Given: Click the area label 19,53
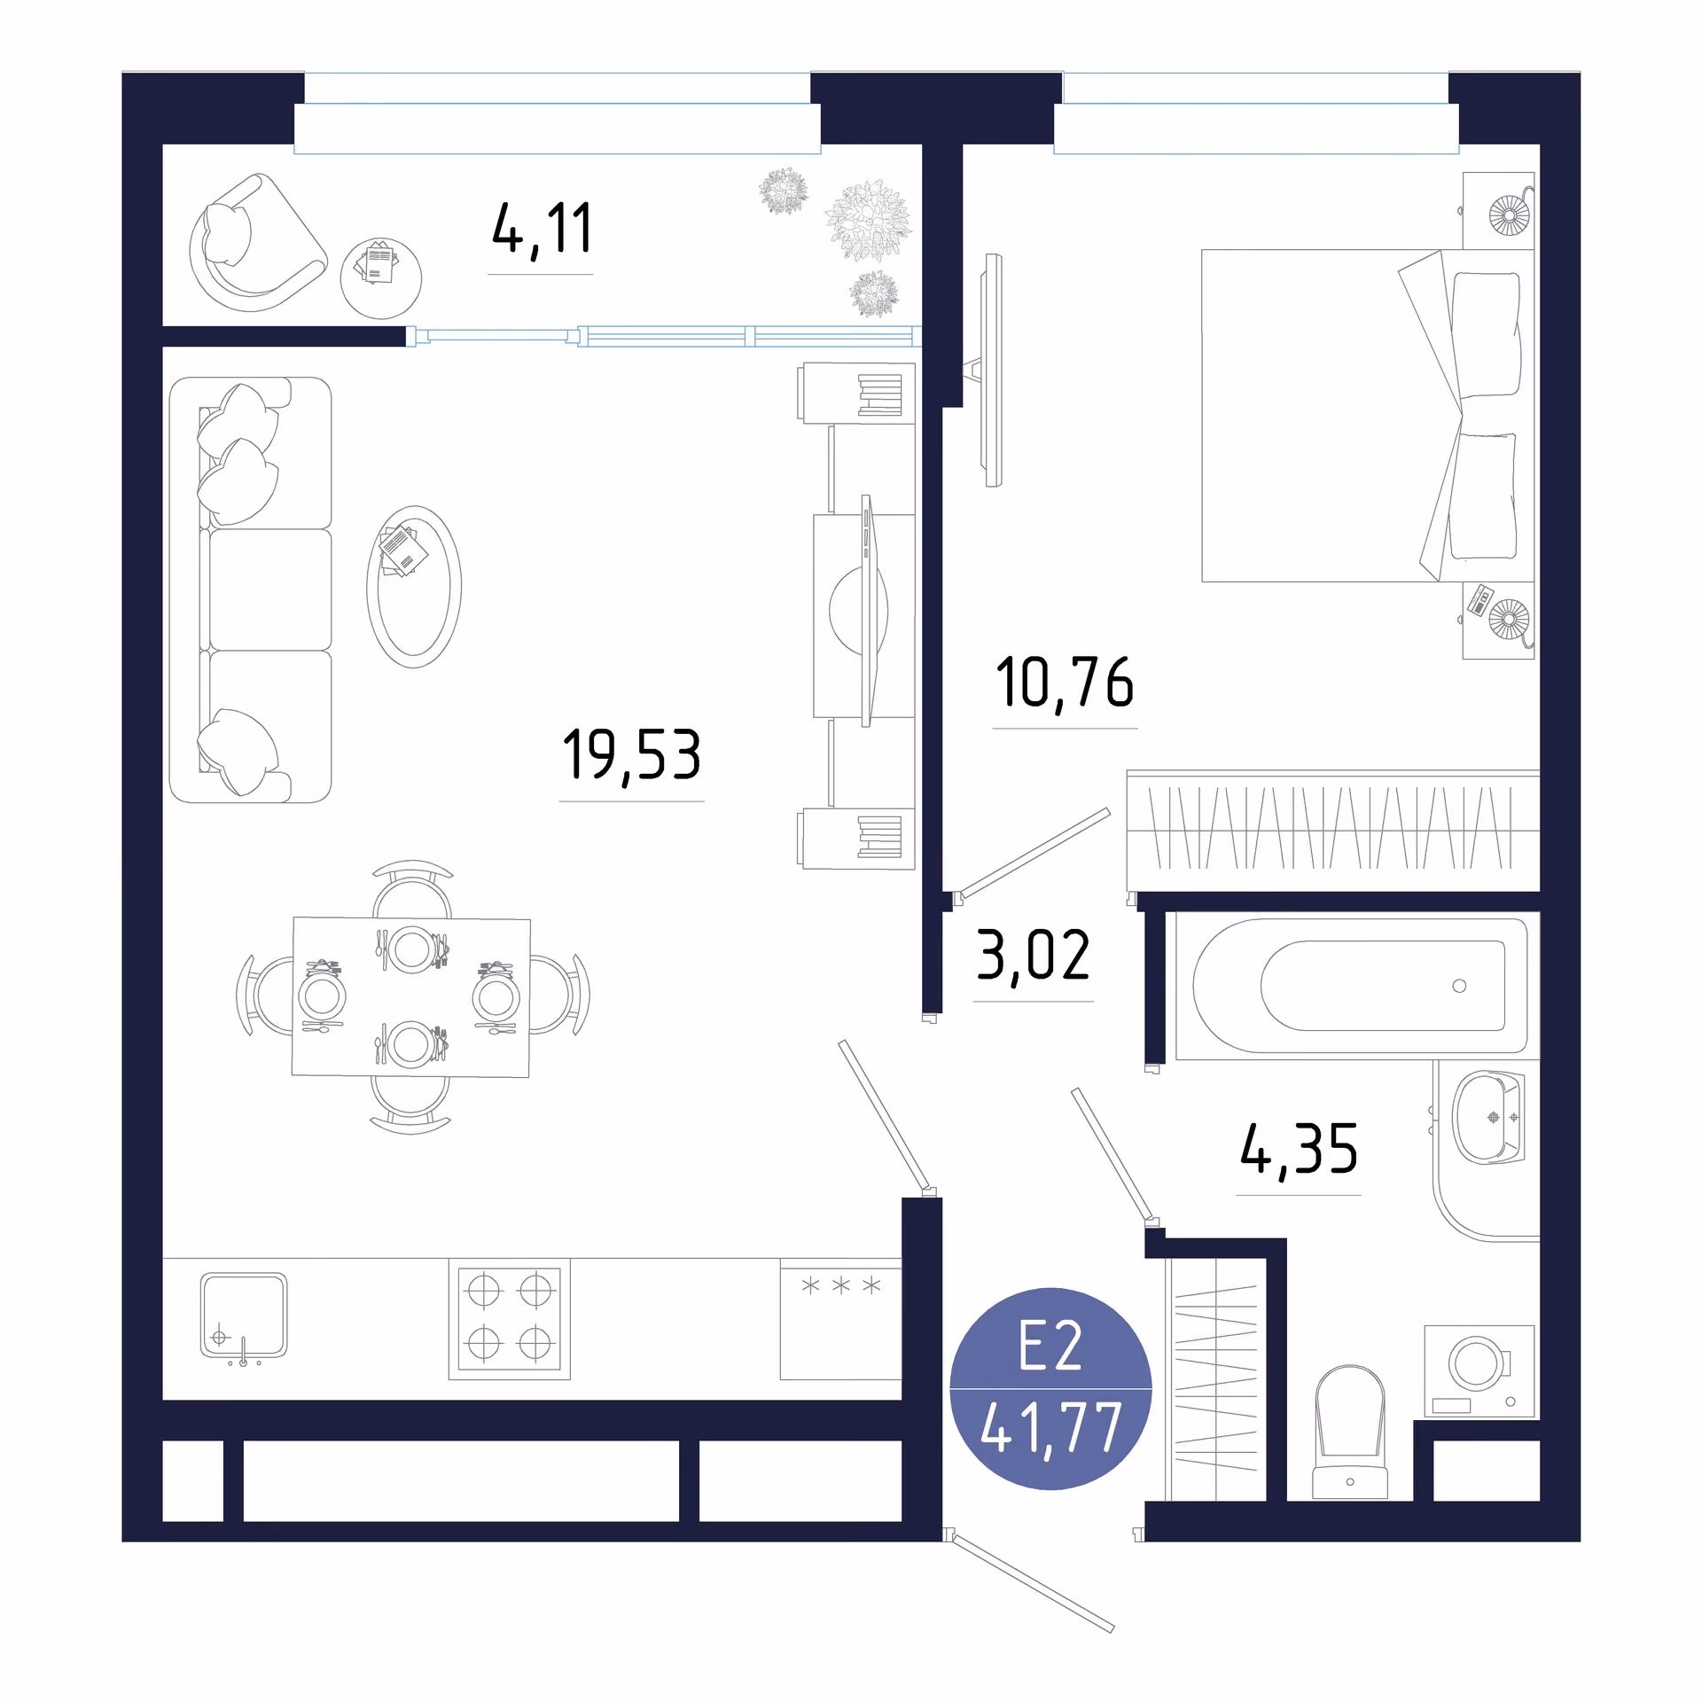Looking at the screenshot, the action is [632, 755].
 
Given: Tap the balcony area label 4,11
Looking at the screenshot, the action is [542, 230].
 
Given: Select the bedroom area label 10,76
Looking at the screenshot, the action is [1065, 683].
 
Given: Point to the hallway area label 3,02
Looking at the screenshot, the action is [1034, 956].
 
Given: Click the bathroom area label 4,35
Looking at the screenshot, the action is [1299, 1150].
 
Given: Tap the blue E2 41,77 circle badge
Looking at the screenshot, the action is [1050, 1388].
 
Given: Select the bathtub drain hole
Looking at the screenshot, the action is [1459, 986].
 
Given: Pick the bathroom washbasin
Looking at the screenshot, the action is [1488, 1117].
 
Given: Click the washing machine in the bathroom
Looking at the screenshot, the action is [1479, 1371].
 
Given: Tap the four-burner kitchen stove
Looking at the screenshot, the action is [510, 1318].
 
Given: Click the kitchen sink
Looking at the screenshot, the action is [244, 1316].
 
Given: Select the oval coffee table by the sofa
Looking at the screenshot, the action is [414, 587].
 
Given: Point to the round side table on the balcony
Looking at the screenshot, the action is [381, 278].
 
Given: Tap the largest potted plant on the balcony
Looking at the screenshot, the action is [869, 220].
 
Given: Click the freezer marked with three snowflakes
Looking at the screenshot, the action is [840, 1319].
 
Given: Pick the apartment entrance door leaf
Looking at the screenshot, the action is [1033, 1583].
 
